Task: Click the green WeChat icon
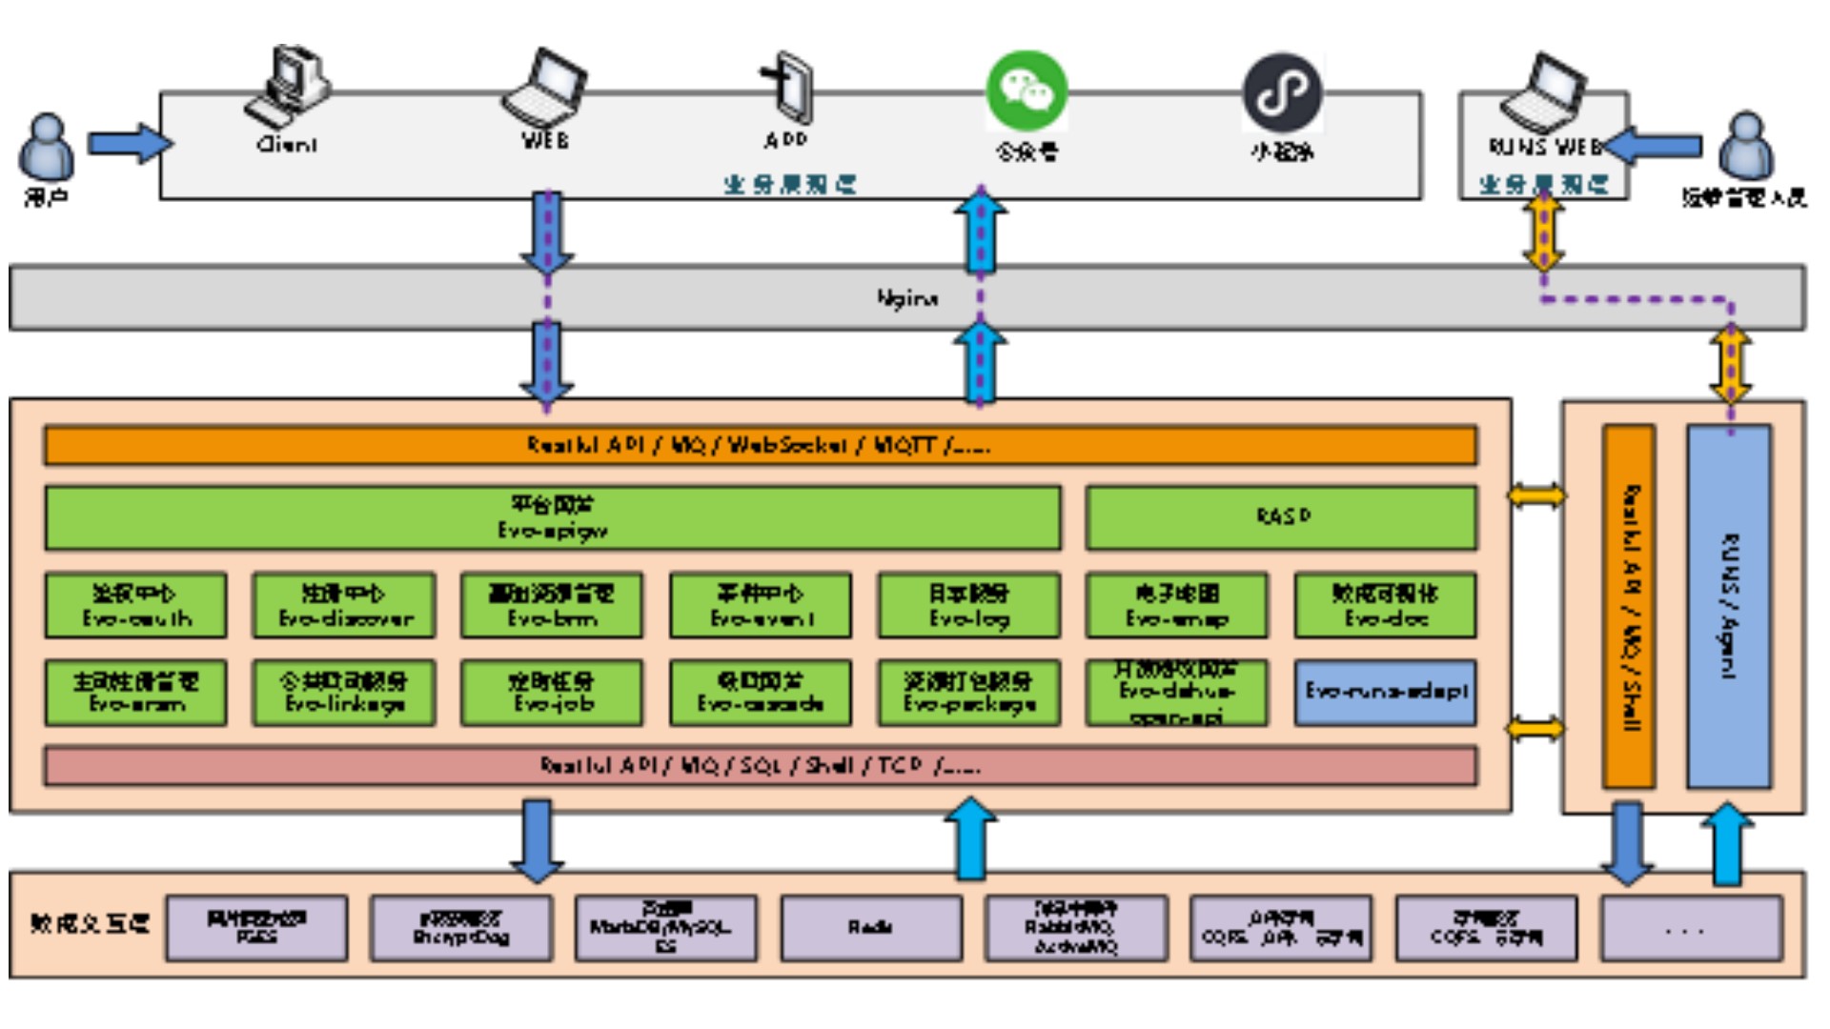click(1027, 91)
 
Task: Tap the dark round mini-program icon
click(1282, 92)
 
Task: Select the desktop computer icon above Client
click(288, 86)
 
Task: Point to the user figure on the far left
click(46, 148)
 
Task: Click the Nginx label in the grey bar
click(906, 298)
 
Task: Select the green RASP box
click(1281, 516)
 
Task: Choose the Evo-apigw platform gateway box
click(552, 517)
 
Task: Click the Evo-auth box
click(135, 605)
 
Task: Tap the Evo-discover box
click(344, 605)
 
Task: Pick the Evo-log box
click(968, 605)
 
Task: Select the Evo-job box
click(552, 693)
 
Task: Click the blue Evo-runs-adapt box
click(1385, 692)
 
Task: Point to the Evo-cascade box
click(760, 693)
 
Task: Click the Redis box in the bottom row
click(871, 927)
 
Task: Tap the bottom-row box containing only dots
click(1691, 927)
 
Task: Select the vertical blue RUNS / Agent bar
click(1729, 606)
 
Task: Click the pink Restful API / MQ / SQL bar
click(760, 766)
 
